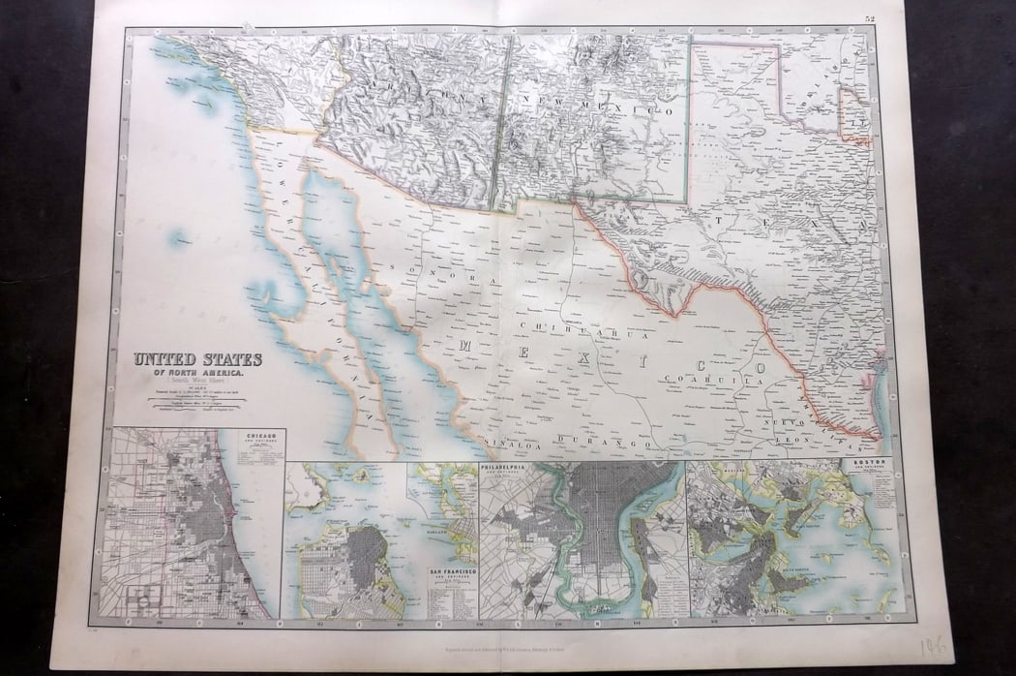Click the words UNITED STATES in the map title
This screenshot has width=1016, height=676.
[x=197, y=359]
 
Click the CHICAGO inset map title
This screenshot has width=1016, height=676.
[x=268, y=438]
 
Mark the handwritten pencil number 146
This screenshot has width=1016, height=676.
[x=934, y=646]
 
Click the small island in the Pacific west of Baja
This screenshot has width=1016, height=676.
[x=177, y=237]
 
